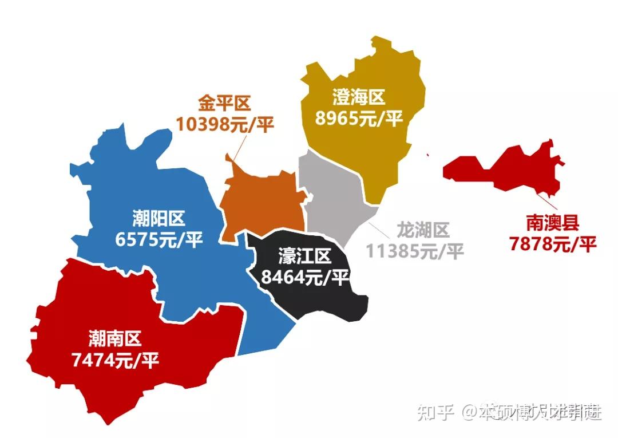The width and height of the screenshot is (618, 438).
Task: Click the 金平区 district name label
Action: [224, 104]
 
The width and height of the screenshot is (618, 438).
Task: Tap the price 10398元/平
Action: [224, 124]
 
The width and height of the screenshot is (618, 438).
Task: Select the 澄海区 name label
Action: [359, 98]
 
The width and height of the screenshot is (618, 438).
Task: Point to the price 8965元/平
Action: [359, 118]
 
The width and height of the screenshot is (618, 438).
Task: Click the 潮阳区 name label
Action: [159, 219]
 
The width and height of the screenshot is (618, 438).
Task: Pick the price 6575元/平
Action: [159, 239]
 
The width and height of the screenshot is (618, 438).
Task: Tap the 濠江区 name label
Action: [305, 256]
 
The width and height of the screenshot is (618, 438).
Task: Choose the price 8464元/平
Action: [305, 277]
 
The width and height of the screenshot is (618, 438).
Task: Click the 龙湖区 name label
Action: [423, 230]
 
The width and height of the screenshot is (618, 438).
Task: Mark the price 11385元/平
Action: [415, 251]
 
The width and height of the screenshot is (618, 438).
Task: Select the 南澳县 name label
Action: [553, 222]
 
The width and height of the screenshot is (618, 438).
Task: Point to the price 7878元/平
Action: [553, 243]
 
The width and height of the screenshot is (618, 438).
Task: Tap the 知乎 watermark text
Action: [435, 411]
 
